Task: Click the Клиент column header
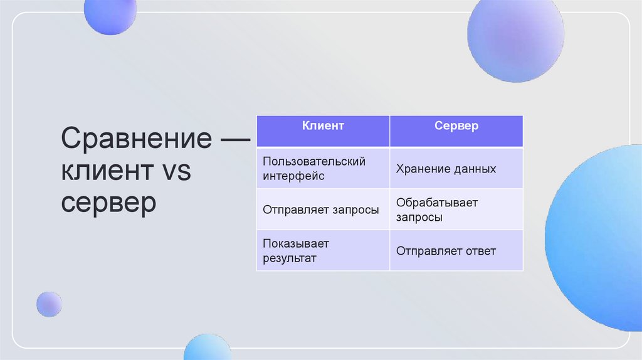[x=323, y=126]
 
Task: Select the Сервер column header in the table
[x=456, y=126]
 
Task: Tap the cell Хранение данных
[x=446, y=169]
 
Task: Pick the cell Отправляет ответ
[x=446, y=251]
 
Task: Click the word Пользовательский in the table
[x=314, y=161]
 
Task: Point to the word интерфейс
[x=293, y=176]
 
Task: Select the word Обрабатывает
[x=437, y=203]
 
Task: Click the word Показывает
[x=296, y=243]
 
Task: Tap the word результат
[x=290, y=258]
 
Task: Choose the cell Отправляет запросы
[x=321, y=210]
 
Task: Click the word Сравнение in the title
[x=137, y=138]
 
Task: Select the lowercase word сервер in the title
[x=108, y=203]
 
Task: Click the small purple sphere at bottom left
[x=49, y=304]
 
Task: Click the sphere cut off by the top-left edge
[x=110, y=14]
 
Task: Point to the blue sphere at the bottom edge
[x=208, y=347]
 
